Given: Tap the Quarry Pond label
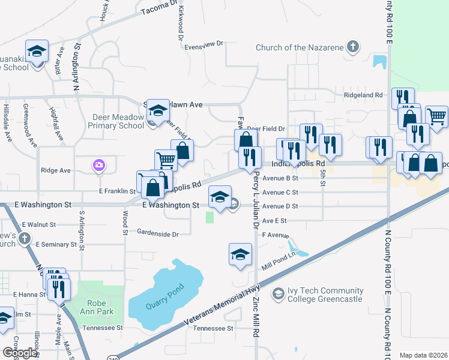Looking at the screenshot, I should tap(163, 301).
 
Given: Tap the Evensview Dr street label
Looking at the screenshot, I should tap(203, 44).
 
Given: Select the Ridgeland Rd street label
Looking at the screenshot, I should tap(363, 95).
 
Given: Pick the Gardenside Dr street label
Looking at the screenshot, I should tap(158, 233).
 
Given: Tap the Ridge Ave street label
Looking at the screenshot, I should tap(56, 170).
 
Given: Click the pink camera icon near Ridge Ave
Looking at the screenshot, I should tap(99, 165).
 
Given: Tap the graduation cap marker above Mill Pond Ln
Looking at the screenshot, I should tap(240, 253).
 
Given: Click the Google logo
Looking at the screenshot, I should tap(19, 353).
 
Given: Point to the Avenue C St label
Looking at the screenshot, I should tap(280, 192).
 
